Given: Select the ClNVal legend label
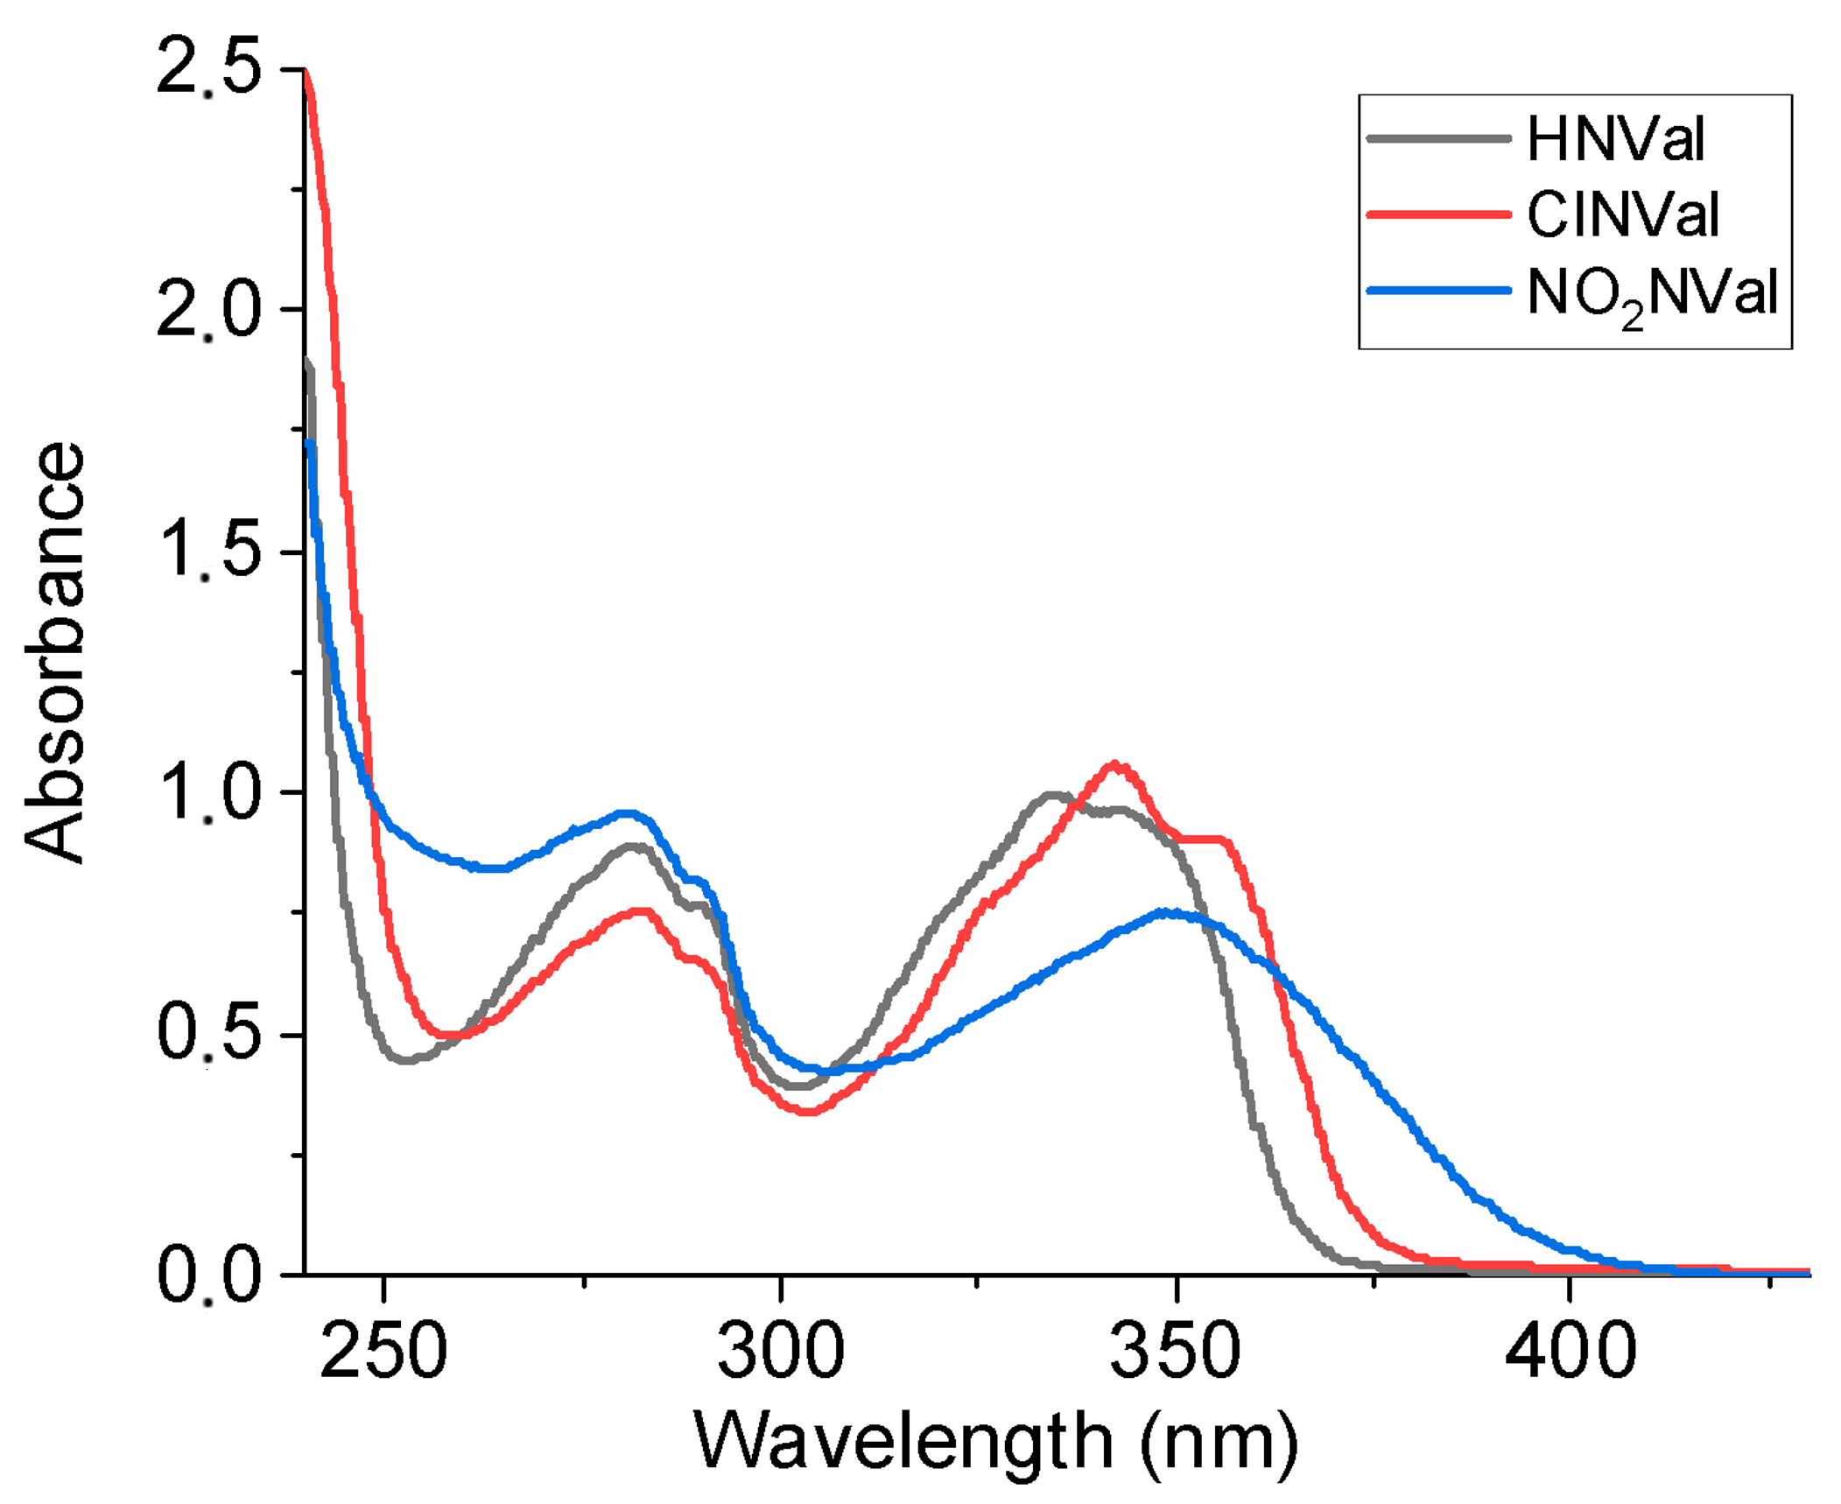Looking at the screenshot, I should [1621, 215].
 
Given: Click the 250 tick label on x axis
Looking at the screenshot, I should [383, 1351].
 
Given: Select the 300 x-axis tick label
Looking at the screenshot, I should [780, 1351].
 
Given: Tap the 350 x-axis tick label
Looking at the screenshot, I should [1175, 1351].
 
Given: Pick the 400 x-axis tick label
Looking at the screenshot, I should [1570, 1351].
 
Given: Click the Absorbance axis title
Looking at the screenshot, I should [54, 653].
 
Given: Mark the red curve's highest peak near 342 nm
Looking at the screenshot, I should [1114, 764].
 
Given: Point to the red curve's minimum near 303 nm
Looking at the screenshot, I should [808, 1113].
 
